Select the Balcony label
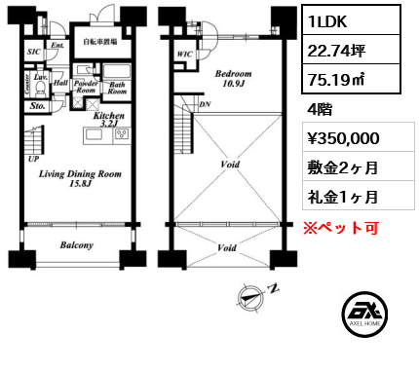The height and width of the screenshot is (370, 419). (77, 245)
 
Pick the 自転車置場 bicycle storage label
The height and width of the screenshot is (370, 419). (99, 42)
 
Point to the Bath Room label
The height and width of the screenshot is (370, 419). (117, 88)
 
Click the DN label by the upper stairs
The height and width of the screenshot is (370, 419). (203, 104)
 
